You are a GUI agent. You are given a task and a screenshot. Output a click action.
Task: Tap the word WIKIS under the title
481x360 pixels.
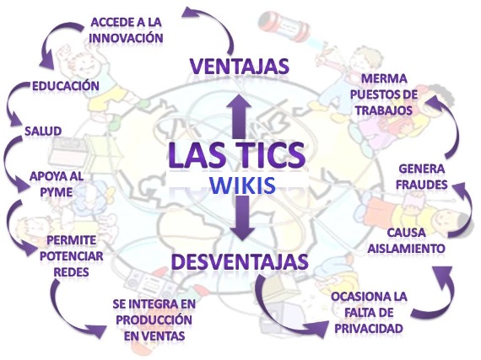[x=240, y=185]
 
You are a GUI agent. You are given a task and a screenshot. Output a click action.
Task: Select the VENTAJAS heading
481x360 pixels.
[x=239, y=66]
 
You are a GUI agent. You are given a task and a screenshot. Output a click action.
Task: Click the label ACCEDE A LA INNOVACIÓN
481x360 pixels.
[x=127, y=29]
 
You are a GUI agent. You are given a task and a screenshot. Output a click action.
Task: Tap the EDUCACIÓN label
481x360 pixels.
[x=66, y=86]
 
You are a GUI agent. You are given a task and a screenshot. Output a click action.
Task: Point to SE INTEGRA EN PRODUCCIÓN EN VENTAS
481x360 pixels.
[x=153, y=320]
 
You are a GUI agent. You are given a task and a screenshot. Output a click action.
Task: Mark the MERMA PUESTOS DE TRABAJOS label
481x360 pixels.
[x=385, y=94]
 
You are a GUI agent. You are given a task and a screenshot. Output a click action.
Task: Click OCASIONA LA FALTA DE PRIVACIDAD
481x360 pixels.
[x=369, y=312]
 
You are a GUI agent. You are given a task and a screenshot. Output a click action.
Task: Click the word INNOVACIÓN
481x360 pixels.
[x=127, y=37]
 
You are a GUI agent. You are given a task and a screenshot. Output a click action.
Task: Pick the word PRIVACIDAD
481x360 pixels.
[x=369, y=328]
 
